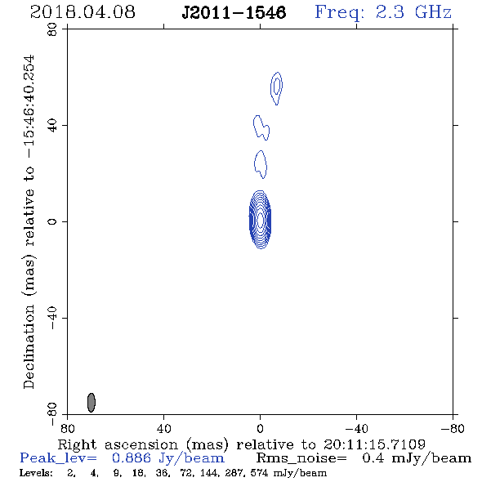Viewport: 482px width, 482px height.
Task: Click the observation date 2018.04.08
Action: (83, 12)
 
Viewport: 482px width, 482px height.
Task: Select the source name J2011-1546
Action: (234, 13)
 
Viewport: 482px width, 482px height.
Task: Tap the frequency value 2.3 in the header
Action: (390, 12)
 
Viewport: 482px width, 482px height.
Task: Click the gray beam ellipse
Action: (91, 403)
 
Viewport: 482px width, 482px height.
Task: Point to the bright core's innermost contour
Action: (261, 220)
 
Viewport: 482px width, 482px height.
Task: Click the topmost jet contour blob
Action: (277, 88)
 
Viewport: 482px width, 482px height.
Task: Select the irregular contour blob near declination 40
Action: (261, 127)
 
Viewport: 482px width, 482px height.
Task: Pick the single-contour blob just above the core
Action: (261, 164)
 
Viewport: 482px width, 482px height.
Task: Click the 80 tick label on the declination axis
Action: (52, 29)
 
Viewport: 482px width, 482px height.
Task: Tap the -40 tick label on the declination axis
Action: (52, 318)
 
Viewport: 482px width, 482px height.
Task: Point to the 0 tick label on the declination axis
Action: (52, 221)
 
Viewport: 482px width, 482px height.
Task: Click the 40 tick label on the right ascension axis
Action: (163, 429)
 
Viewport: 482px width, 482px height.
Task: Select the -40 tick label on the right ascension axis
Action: (356, 429)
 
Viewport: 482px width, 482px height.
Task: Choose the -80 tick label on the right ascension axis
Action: (453, 429)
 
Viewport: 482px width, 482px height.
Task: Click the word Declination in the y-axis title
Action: (29, 346)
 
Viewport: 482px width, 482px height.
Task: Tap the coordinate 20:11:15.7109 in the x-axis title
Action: (374, 444)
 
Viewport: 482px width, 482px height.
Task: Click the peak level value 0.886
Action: (132, 458)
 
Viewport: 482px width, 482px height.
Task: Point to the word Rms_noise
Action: (301, 458)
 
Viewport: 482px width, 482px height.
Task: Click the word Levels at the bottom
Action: (36, 473)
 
